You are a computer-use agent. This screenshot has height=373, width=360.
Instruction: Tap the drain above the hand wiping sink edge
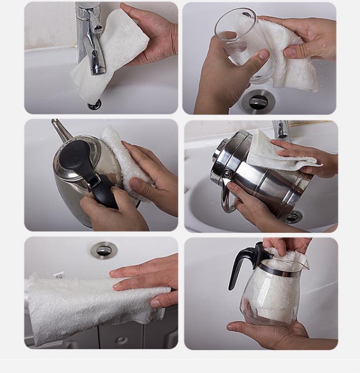tap(104, 249)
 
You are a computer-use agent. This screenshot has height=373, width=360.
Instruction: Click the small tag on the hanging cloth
tap(59, 275)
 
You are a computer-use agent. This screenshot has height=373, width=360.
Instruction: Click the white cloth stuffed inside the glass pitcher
tap(276, 294)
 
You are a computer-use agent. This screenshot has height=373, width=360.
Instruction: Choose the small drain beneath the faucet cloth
tap(94, 105)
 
